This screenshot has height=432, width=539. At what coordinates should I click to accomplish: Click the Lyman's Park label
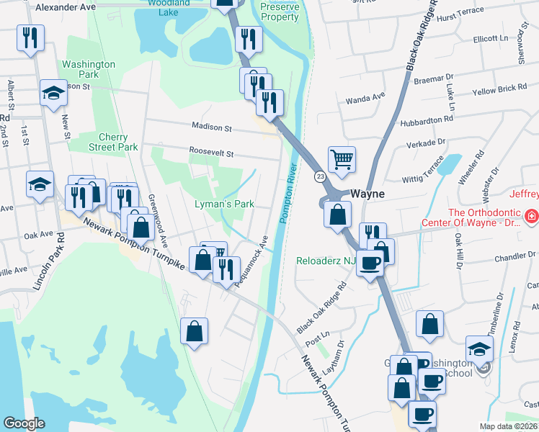[224, 204]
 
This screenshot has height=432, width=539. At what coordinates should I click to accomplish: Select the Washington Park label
[89, 69]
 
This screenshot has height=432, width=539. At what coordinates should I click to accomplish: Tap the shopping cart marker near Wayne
[342, 158]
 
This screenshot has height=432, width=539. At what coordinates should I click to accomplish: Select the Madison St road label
[211, 127]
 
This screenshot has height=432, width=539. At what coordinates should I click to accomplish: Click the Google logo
[24, 423]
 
